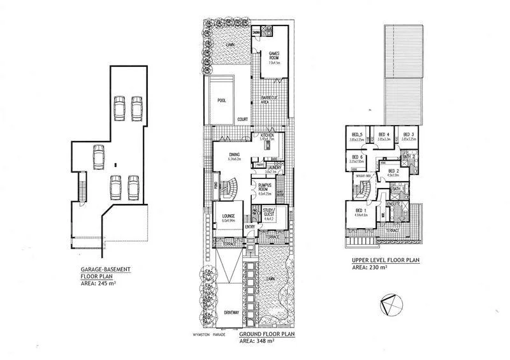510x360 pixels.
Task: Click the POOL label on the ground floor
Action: [222, 101]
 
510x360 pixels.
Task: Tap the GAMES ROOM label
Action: [275, 55]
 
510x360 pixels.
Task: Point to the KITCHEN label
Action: [266, 135]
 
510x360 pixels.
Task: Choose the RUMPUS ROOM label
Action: [265, 188]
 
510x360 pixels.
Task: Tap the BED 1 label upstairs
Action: [360, 210]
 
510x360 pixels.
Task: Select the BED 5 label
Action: [357, 135]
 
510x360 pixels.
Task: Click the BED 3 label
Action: [408, 135]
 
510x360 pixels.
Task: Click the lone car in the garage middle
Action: [98, 157]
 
